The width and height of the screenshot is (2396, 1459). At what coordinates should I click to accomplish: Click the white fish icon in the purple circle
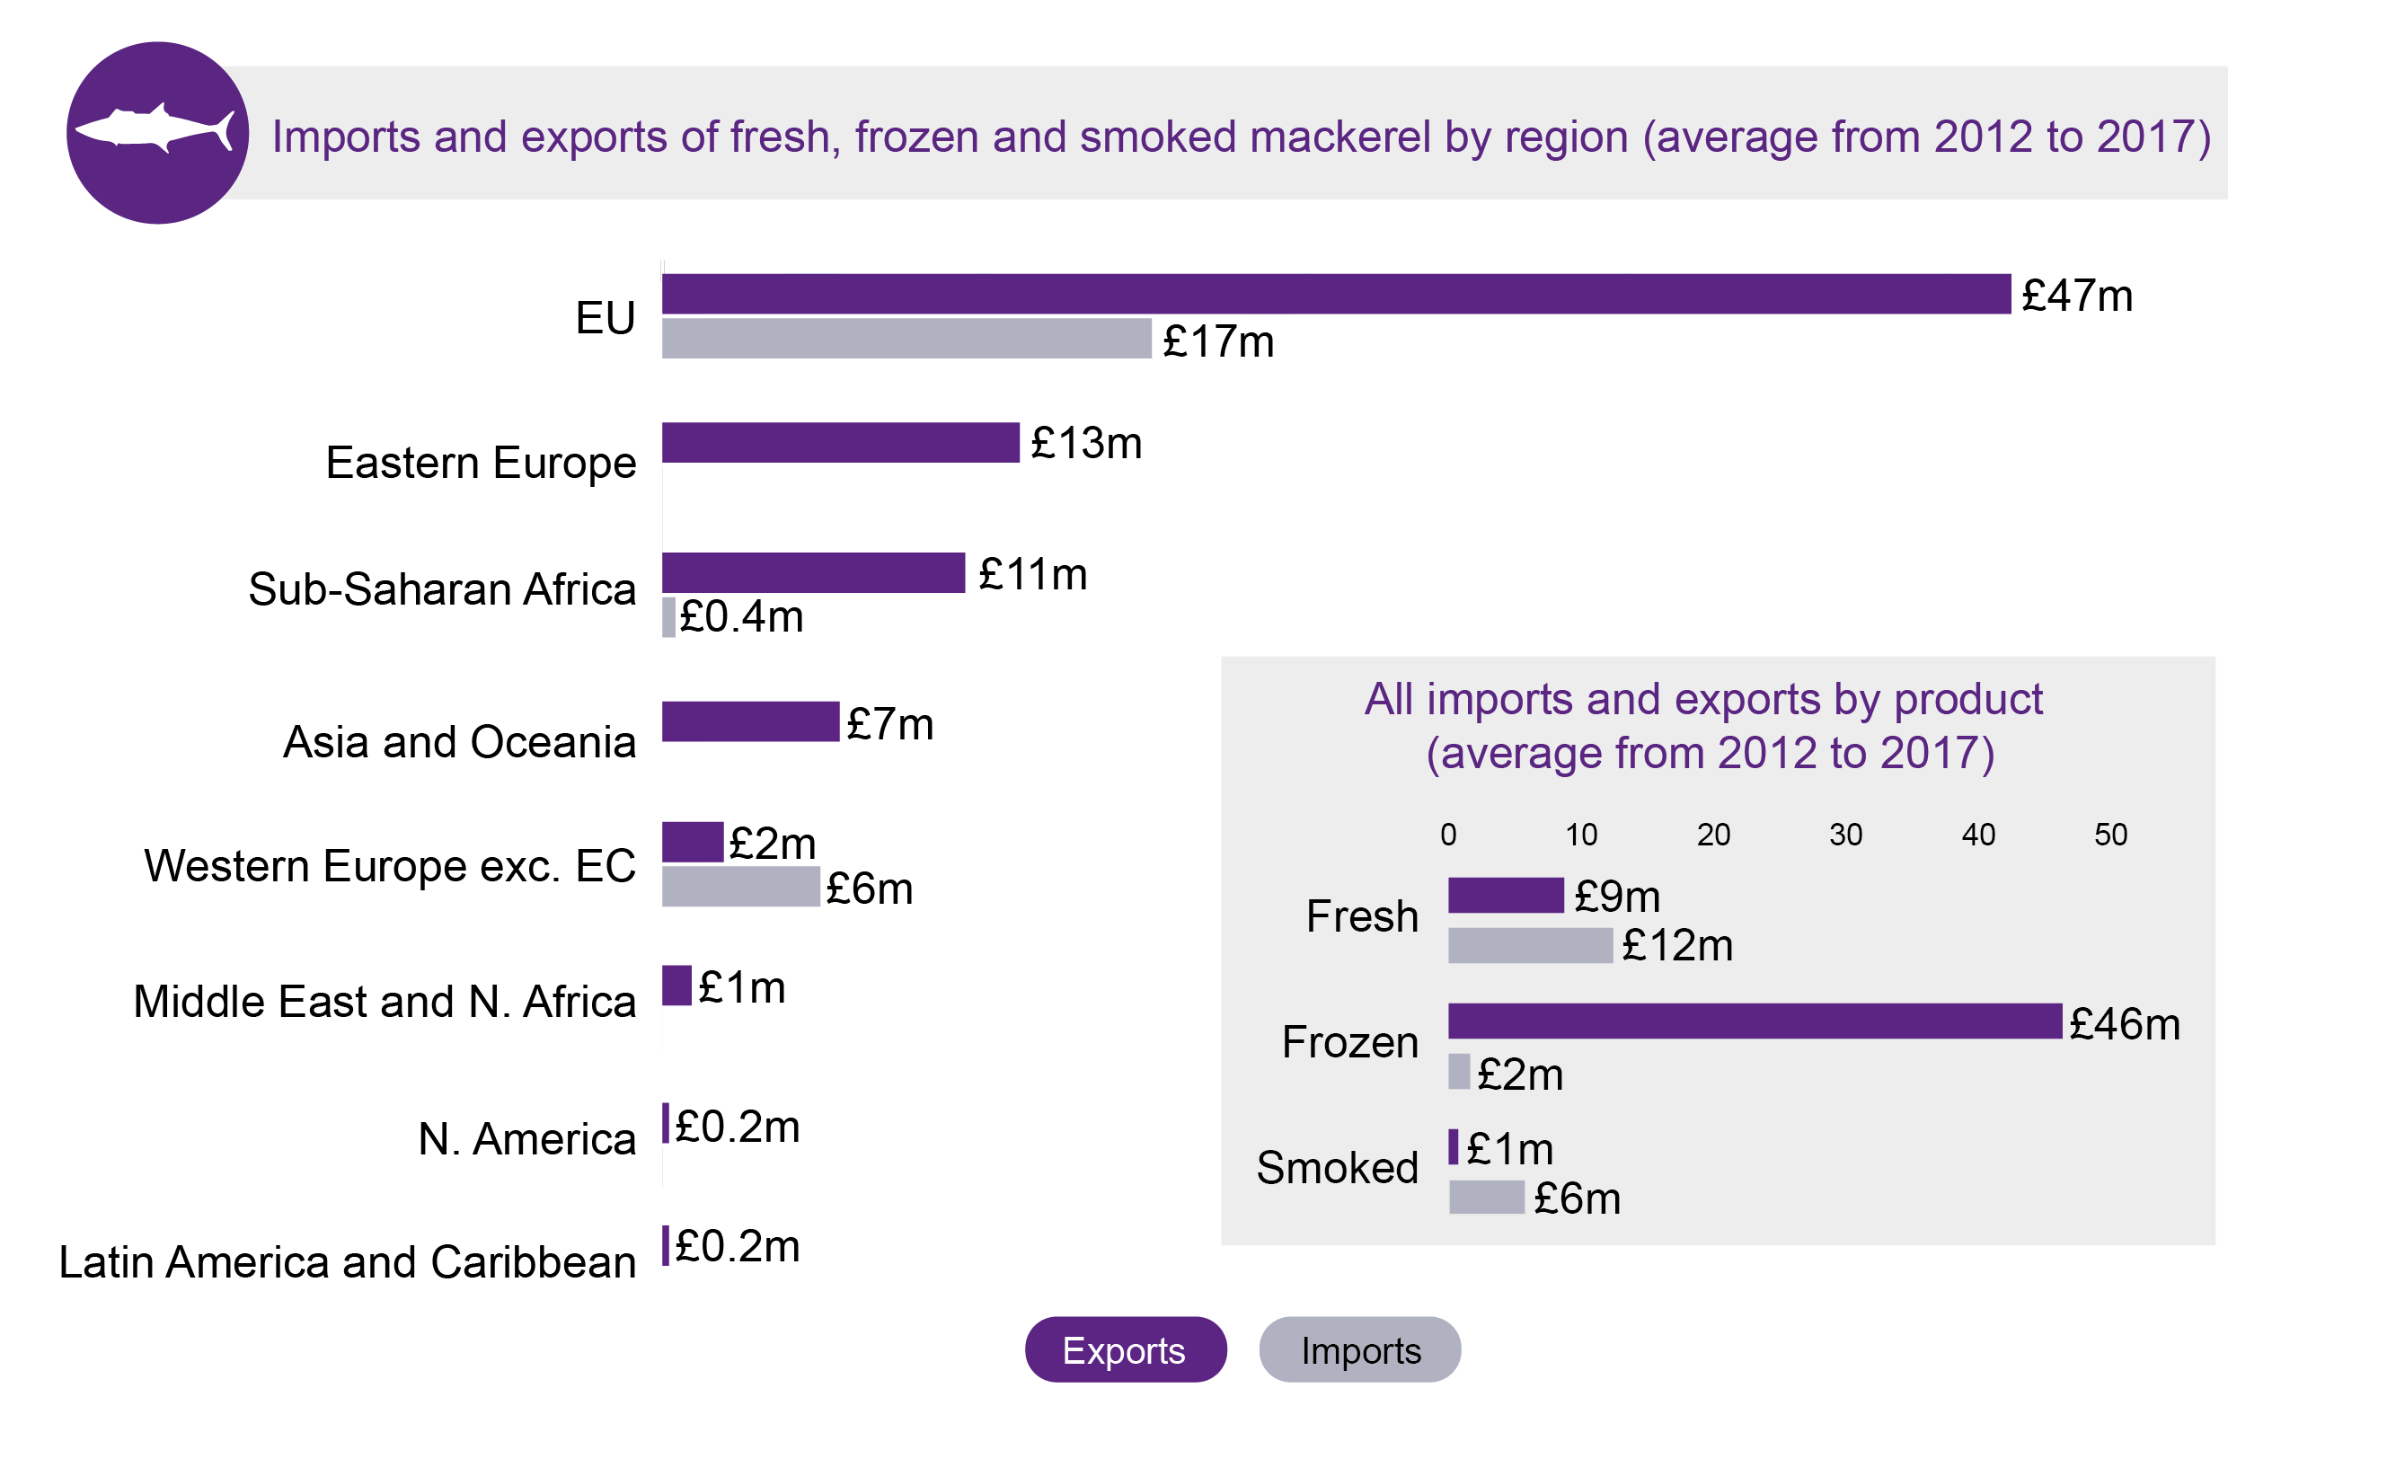tap(155, 129)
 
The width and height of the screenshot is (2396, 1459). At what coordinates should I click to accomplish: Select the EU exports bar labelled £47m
tap(1335, 294)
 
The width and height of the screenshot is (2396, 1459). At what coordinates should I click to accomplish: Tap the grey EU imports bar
tap(906, 339)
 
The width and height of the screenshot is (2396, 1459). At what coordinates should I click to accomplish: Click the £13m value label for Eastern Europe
tap(1085, 444)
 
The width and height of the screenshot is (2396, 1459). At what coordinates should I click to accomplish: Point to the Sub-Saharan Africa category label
tap(441, 589)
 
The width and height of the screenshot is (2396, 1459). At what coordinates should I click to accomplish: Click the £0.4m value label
tap(741, 616)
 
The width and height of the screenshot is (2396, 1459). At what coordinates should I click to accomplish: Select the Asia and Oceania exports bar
tap(750, 721)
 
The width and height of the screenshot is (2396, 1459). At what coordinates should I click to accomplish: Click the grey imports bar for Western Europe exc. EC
tap(740, 886)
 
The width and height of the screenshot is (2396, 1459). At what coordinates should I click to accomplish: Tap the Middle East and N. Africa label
tap(385, 1002)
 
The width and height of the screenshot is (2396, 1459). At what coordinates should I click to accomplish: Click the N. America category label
tap(526, 1139)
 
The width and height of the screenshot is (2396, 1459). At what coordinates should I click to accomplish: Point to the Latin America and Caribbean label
tap(347, 1262)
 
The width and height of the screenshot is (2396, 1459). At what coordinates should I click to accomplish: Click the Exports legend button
tap(1125, 1350)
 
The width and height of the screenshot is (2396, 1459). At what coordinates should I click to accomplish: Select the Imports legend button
tap(1359, 1350)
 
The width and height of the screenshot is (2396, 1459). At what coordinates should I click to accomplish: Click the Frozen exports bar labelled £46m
tap(1754, 1021)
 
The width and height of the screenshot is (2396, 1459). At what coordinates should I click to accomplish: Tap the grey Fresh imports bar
tap(1530, 945)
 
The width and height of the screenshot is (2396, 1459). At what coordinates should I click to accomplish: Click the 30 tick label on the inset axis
tap(1844, 835)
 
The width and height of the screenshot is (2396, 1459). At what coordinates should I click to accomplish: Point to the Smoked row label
tap(1337, 1167)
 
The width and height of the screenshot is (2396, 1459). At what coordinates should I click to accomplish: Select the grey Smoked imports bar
tap(1486, 1198)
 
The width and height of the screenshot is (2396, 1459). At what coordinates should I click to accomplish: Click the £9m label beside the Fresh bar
tap(1616, 896)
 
